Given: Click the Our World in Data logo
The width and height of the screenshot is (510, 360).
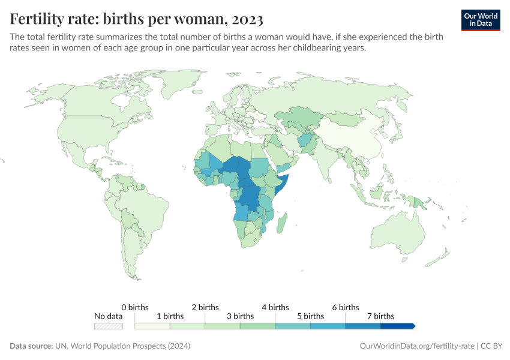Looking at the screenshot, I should [480, 19].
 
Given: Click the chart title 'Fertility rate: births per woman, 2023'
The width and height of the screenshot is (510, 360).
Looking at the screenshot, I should [137, 19].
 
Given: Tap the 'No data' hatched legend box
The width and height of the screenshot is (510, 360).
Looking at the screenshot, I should [109, 326].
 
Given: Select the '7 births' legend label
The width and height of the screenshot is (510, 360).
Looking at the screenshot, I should [380, 316].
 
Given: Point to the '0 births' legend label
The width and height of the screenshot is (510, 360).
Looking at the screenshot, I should [134, 307].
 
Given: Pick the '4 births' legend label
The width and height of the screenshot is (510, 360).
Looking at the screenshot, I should [275, 307].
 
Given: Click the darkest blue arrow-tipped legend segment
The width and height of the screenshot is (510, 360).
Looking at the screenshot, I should [397, 326].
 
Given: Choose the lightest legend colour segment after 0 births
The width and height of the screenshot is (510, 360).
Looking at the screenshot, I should [152, 326].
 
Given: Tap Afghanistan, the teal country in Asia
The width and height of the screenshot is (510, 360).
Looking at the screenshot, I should [306, 141].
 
